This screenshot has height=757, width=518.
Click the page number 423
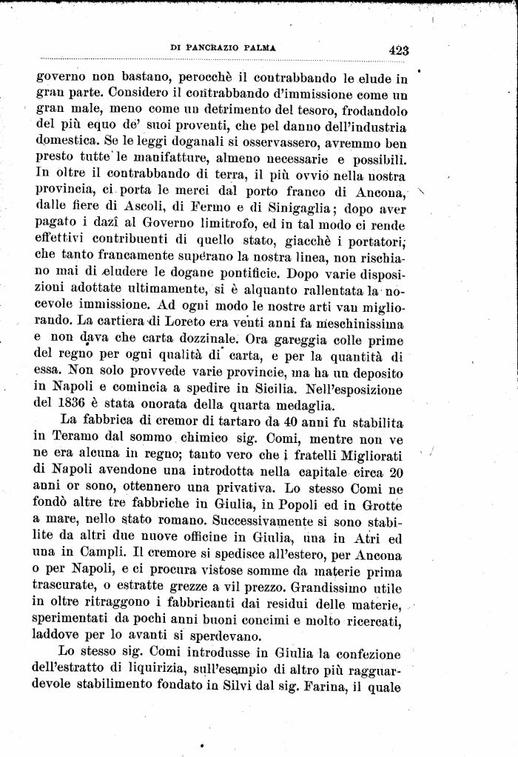[397, 50]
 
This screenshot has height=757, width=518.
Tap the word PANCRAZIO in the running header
[220, 48]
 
